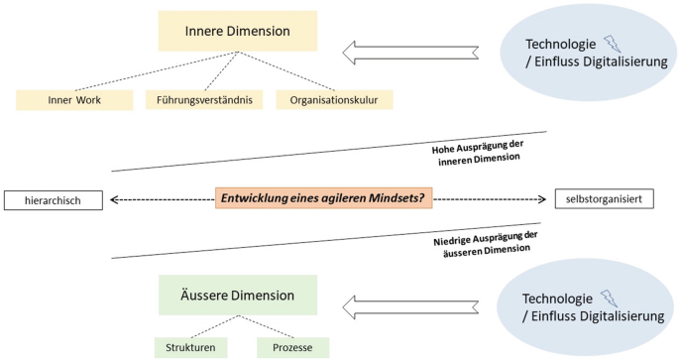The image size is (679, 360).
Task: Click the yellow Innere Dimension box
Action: pyautogui.click(x=237, y=31)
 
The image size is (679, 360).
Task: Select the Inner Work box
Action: pyautogui.click(x=74, y=100)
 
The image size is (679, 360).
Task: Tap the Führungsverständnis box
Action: pyautogui.click(x=203, y=100)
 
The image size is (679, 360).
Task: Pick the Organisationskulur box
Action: pyautogui.click(x=334, y=100)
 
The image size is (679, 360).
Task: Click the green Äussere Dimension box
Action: pyautogui.click(x=237, y=295)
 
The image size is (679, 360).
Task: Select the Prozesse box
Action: pyautogui.click(x=292, y=347)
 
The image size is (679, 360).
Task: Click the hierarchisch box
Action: pyautogui.click(x=56, y=200)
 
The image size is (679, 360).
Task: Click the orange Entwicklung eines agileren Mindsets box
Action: pyautogui.click(x=321, y=199)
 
